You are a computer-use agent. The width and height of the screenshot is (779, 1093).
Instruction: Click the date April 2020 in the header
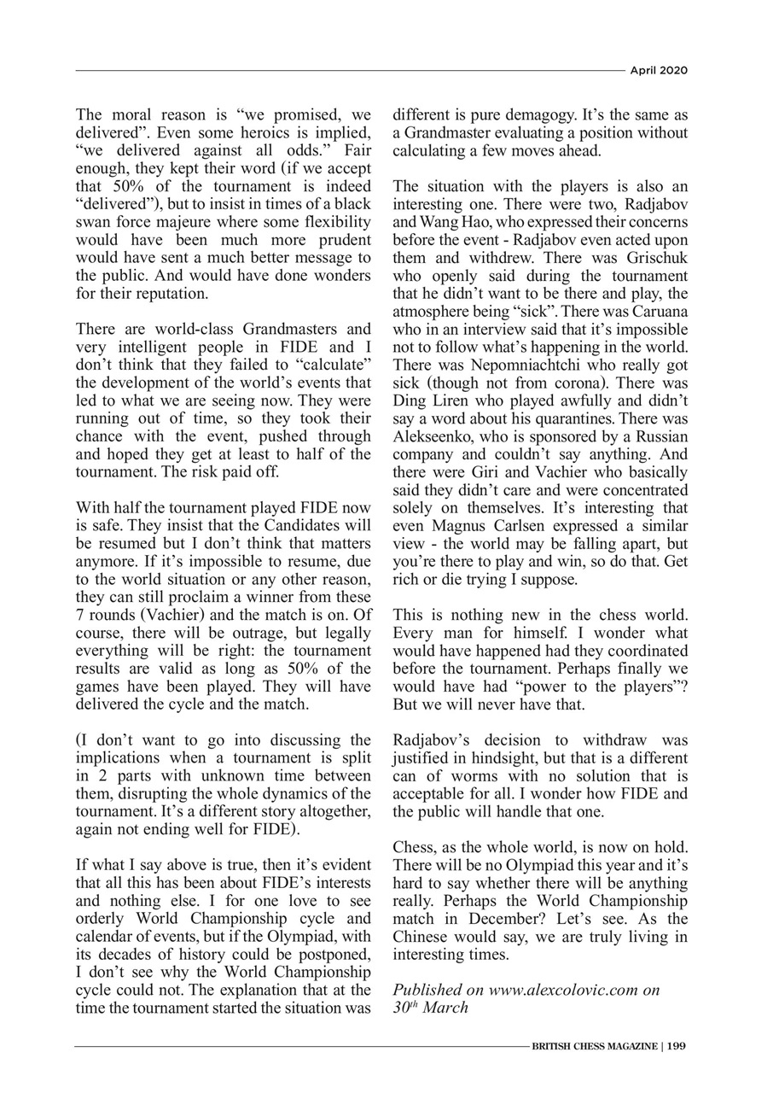[658, 70]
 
